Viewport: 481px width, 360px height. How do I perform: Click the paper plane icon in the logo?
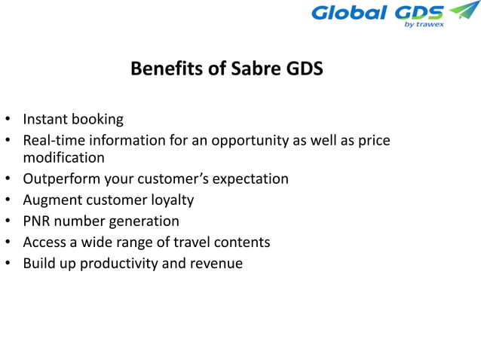click(x=463, y=11)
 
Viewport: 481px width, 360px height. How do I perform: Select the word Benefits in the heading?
click(x=161, y=69)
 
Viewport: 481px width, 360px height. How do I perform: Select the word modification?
click(x=63, y=158)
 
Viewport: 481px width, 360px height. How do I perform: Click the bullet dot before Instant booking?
click(x=8, y=120)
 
